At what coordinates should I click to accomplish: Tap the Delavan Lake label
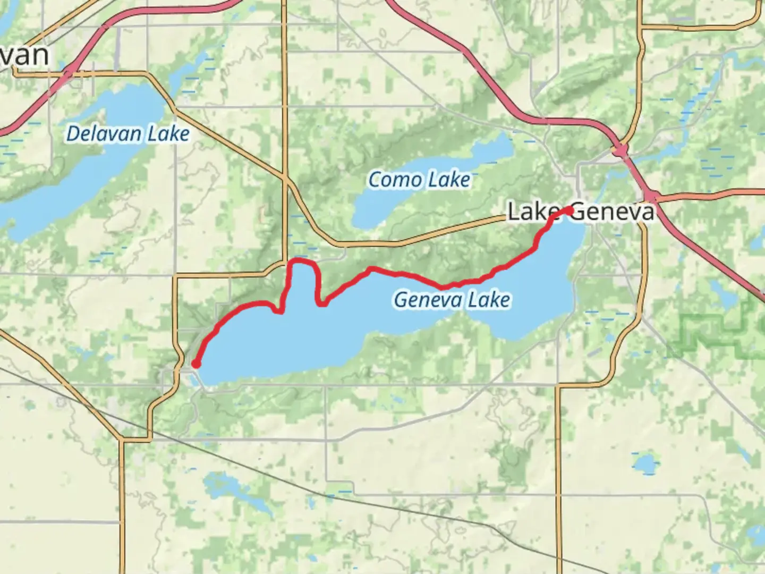click(127, 133)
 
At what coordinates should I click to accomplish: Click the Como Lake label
click(419, 180)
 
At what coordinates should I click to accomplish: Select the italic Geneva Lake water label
click(452, 300)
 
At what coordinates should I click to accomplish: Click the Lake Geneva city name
click(581, 212)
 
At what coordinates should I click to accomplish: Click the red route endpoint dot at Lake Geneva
click(568, 210)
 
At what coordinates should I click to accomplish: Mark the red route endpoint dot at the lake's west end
click(196, 364)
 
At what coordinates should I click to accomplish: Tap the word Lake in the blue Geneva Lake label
click(490, 300)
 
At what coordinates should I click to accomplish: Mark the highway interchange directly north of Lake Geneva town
click(620, 150)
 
